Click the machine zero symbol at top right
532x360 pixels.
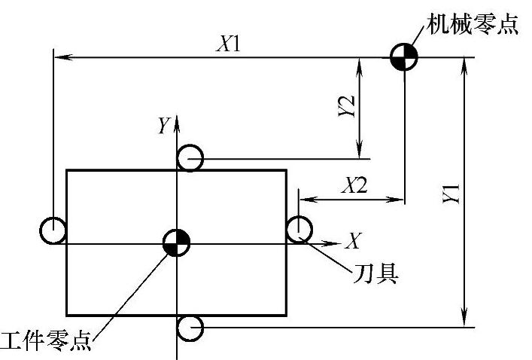404,57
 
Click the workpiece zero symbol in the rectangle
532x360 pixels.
176,243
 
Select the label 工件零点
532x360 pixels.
47,341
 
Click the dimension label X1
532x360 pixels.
226,44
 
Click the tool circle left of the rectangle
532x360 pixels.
53,230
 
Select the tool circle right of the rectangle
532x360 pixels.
299,228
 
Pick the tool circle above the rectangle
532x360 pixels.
190,159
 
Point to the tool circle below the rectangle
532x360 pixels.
190,328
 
